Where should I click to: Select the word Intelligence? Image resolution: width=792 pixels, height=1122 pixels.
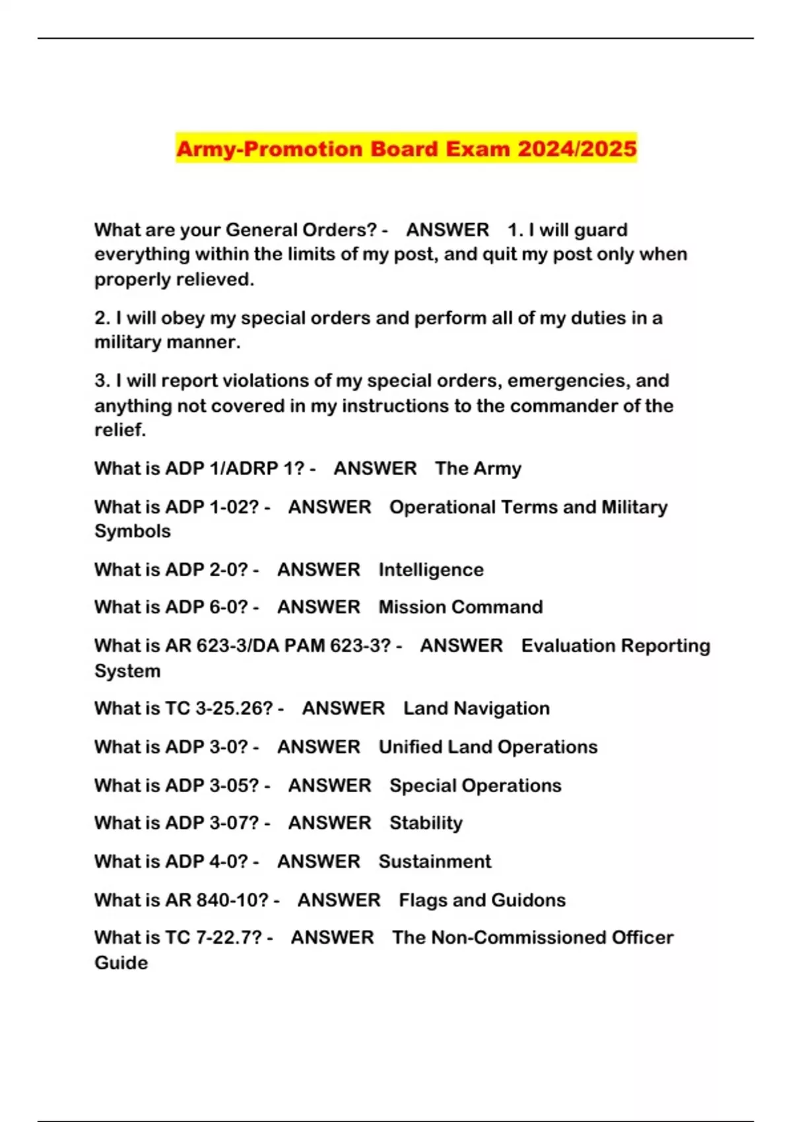431,570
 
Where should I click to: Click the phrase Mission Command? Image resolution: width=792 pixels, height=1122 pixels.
461,607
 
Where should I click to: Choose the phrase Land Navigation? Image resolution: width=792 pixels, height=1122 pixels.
477,708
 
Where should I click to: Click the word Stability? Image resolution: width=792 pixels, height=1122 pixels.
426,823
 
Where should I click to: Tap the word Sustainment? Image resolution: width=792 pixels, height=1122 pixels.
435,861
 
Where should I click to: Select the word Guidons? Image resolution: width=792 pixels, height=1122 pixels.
527,900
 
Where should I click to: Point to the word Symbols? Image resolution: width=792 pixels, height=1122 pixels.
132,531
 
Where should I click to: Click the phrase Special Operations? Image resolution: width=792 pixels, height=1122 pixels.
475,785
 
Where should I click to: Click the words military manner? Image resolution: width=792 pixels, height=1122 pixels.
167,343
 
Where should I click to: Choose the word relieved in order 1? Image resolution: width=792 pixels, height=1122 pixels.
213,280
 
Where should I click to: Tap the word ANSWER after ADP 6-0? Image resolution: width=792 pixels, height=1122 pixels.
319,607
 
